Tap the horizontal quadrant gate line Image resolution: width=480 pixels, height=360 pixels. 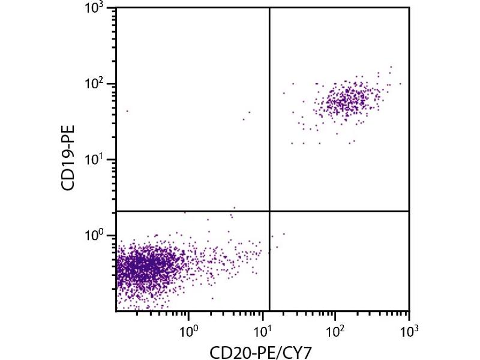(192, 211)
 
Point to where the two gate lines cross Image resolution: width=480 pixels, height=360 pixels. (269, 211)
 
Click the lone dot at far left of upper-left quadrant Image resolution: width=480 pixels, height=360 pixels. (127, 111)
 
